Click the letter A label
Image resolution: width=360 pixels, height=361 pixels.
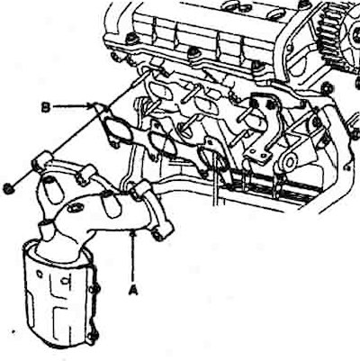click(x=133, y=290)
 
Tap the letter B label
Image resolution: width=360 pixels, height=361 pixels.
click(x=45, y=107)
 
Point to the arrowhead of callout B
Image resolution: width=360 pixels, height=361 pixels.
click(x=90, y=105)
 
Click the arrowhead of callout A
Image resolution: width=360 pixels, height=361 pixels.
click(x=132, y=233)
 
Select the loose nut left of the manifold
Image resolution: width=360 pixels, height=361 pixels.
click(x=7, y=188)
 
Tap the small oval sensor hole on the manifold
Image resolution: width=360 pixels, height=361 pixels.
click(x=74, y=208)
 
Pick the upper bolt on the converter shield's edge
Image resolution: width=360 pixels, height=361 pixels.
click(x=96, y=290)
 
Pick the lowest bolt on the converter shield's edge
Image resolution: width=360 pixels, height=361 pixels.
click(x=95, y=337)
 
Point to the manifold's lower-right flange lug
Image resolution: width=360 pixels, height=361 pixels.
click(x=159, y=232)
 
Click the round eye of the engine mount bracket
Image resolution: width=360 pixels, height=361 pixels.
click(x=290, y=162)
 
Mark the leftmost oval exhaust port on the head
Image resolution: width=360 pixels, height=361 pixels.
click(x=161, y=91)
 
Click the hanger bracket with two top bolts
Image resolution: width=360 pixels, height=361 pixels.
click(x=264, y=126)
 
